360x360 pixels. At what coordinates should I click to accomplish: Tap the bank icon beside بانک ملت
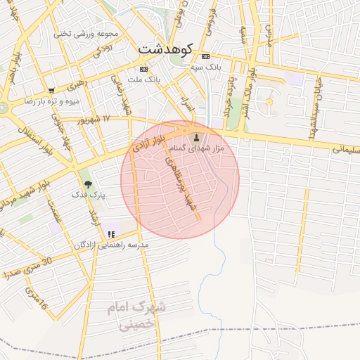144,69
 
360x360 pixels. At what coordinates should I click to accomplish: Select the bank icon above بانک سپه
205,56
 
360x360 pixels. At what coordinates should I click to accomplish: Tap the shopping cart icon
51,90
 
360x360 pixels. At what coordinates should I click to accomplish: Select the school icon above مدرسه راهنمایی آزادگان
111,234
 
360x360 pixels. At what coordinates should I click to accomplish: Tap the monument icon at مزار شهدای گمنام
196,137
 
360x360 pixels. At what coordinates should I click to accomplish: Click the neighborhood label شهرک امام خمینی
139,316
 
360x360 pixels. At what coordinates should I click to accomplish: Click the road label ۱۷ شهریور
96,120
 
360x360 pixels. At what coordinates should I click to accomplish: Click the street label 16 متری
35,297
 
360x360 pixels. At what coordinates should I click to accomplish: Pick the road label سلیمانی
345,149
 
